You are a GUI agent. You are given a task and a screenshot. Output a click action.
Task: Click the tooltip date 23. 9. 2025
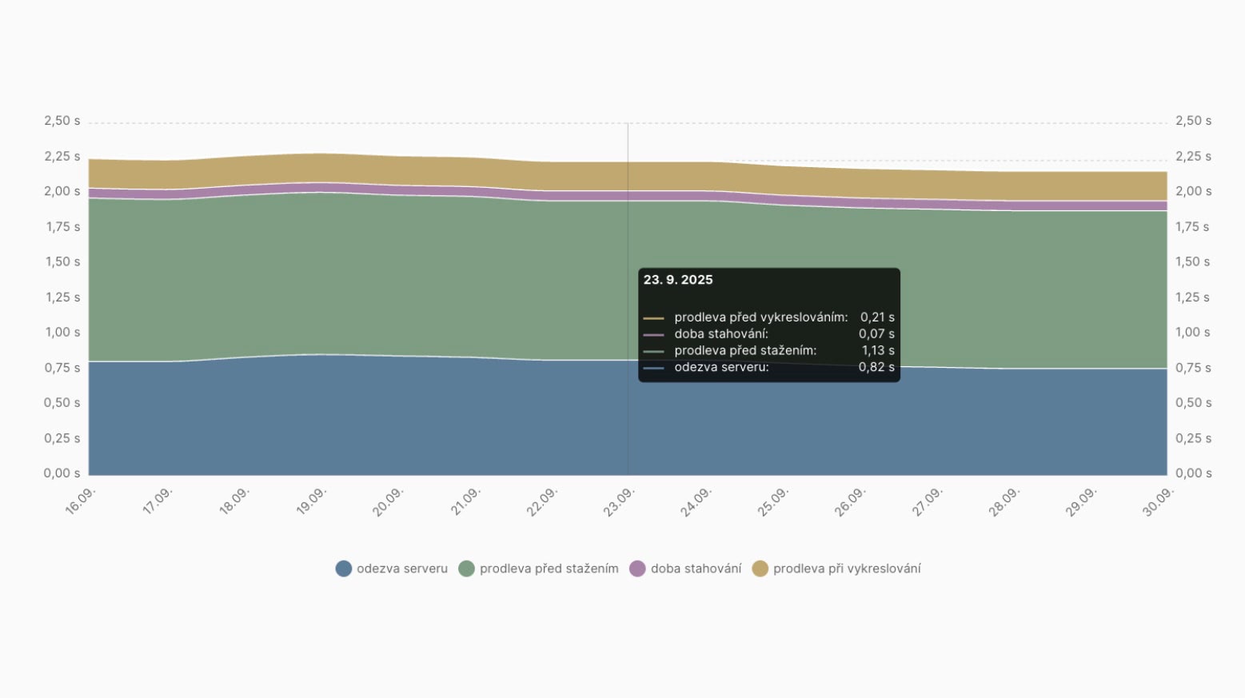(678, 280)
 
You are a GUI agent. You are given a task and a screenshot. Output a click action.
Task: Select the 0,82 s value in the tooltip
(876, 367)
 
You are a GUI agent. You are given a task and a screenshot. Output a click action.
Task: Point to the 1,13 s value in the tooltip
(877, 350)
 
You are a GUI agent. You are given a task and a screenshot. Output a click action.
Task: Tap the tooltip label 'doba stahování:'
(721, 333)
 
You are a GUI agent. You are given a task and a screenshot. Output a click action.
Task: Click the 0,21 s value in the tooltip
(877, 317)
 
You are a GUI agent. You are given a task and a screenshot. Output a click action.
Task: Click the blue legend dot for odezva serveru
(344, 568)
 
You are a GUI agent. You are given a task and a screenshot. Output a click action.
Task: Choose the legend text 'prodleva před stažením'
(549, 568)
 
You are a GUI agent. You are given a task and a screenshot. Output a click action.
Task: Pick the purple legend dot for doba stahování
(637, 568)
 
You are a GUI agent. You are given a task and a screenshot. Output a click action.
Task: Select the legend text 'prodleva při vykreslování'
(847, 568)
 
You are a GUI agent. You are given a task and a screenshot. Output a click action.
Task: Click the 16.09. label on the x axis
(81, 501)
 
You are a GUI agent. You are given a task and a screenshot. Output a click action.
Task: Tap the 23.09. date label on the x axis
(619, 502)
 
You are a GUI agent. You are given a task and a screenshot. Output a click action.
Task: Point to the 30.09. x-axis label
(1158, 502)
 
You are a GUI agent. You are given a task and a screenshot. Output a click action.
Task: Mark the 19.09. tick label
(311, 501)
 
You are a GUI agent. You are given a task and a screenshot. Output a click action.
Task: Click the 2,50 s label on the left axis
(62, 121)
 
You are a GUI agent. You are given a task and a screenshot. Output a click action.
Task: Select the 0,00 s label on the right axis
(1193, 473)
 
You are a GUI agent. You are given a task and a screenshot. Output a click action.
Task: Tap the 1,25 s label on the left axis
(62, 297)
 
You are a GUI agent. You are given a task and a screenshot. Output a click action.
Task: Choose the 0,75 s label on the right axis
(1193, 368)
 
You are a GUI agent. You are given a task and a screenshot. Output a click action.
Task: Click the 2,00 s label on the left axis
(62, 191)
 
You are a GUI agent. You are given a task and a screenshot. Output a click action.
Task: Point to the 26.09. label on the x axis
(850, 502)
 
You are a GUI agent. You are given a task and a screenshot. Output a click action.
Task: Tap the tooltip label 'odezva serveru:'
(721, 367)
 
